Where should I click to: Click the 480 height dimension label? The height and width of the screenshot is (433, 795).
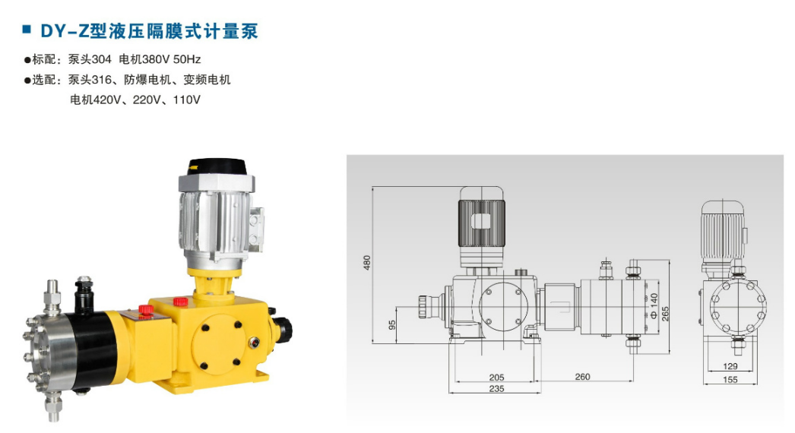click(x=367, y=263)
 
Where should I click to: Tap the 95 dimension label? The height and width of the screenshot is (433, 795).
click(x=392, y=325)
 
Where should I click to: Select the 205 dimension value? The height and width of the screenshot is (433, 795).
click(x=496, y=378)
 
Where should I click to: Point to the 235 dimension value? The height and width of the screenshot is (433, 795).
click(x=496, y=388)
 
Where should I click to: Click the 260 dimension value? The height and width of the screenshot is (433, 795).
click(x=582, y=377)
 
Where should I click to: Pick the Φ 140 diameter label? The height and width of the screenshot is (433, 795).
click(x=654, y=305)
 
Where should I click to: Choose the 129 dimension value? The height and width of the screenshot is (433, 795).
click(x=730, y=366)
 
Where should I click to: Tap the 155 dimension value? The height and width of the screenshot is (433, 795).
click(x=730, y=379)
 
